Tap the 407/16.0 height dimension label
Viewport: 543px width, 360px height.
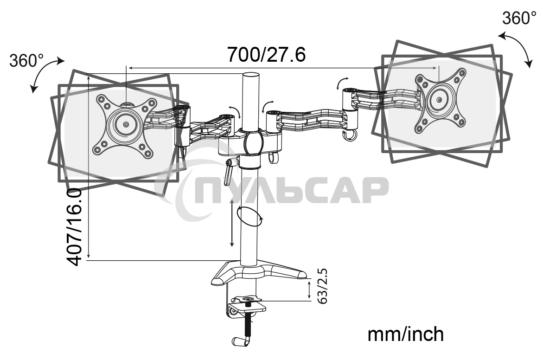75,227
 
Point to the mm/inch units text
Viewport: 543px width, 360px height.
405,334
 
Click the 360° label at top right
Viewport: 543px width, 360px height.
519,18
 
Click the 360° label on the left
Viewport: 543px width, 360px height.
26,60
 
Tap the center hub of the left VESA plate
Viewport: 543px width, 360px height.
126,124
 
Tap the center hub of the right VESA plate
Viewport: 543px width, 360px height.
439,99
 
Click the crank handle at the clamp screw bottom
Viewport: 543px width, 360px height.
241,341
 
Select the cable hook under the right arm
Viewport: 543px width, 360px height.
349,135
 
